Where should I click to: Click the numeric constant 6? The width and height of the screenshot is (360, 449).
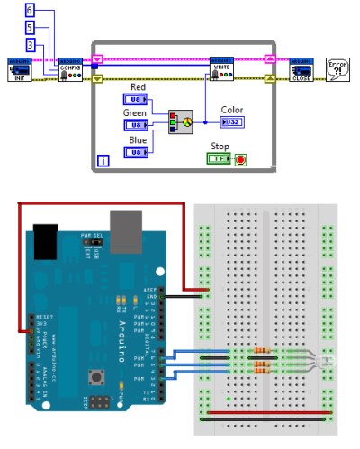tap(31, 10)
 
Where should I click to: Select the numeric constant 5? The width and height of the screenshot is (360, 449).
tap(31, 27)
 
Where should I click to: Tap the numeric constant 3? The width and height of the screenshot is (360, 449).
tap(31, 45)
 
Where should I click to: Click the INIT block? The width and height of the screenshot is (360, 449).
tap(21, 71)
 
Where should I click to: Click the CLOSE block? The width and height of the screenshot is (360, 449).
tap(301, 71)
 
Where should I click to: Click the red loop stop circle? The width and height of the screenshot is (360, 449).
tap(240, 159)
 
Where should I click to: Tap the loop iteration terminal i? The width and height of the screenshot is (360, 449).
tap(103, 160)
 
